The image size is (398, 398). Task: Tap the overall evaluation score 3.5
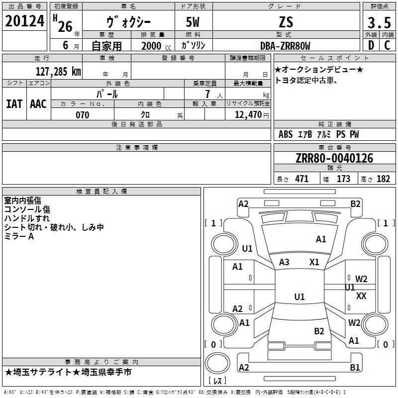tap(378, 22)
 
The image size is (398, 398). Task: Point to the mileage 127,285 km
tap(59, 71)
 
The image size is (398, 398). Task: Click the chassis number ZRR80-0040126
tap(334, 158)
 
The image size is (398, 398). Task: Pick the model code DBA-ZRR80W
tap(285, 46)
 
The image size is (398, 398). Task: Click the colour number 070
tap(82, 115)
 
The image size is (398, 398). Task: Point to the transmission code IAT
tap(14, 104)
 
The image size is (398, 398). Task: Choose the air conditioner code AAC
tap(38, 104)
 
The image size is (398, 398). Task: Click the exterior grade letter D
tap(371, 45)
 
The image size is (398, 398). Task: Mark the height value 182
tap(383, 179)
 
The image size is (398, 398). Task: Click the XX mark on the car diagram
tap(362, 296)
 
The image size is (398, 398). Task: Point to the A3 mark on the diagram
tap(285, 262)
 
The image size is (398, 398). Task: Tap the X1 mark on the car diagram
tap(314, 262)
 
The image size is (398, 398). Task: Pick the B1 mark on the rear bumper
tap(355, 368)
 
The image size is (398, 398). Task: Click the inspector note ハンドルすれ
tap(27, 218)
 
